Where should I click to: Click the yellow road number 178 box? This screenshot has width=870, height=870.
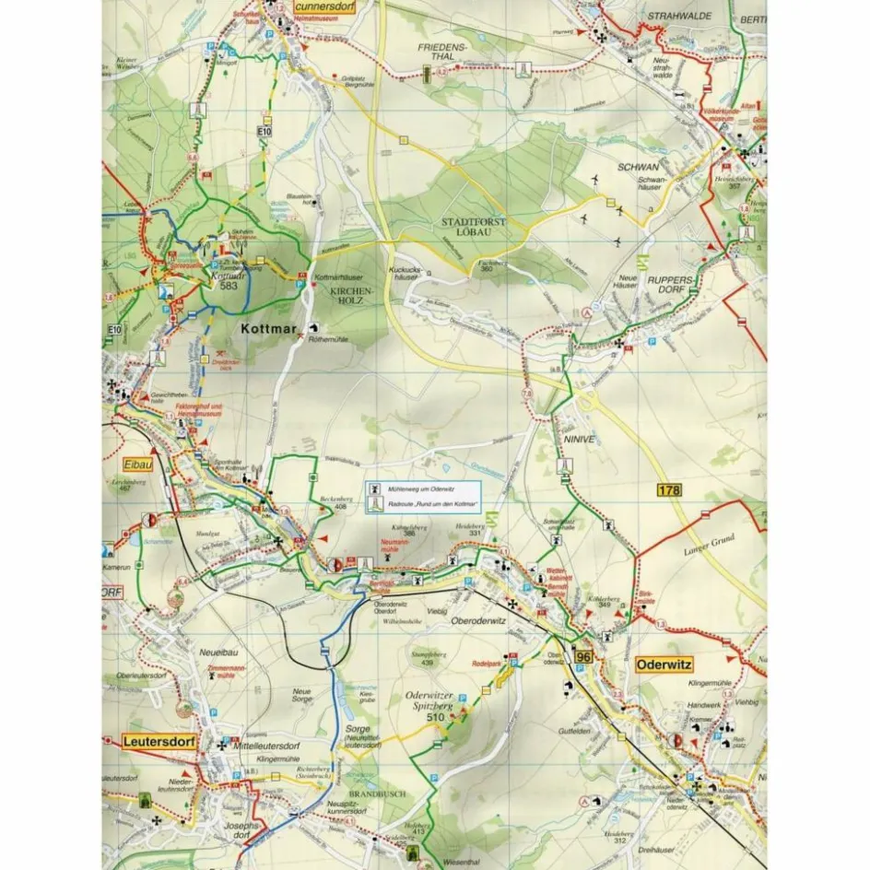point(669,490)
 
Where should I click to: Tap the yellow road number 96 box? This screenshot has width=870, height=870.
point(582,656)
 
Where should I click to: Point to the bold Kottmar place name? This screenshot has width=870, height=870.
point(266,327)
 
